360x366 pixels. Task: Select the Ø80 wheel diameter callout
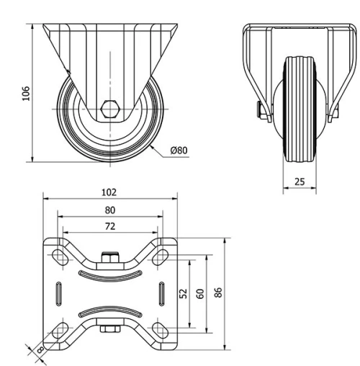coord(179,151)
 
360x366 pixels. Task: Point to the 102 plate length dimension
coord(109,193)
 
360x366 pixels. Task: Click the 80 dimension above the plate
coord(109,210)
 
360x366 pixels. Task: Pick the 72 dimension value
coord(109,226)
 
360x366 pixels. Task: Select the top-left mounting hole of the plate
coord(56,254)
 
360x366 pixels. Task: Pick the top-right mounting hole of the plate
coord(163,254)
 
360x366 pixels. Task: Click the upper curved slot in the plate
coord(109,274)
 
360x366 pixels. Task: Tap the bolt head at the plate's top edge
coord(109,255)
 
